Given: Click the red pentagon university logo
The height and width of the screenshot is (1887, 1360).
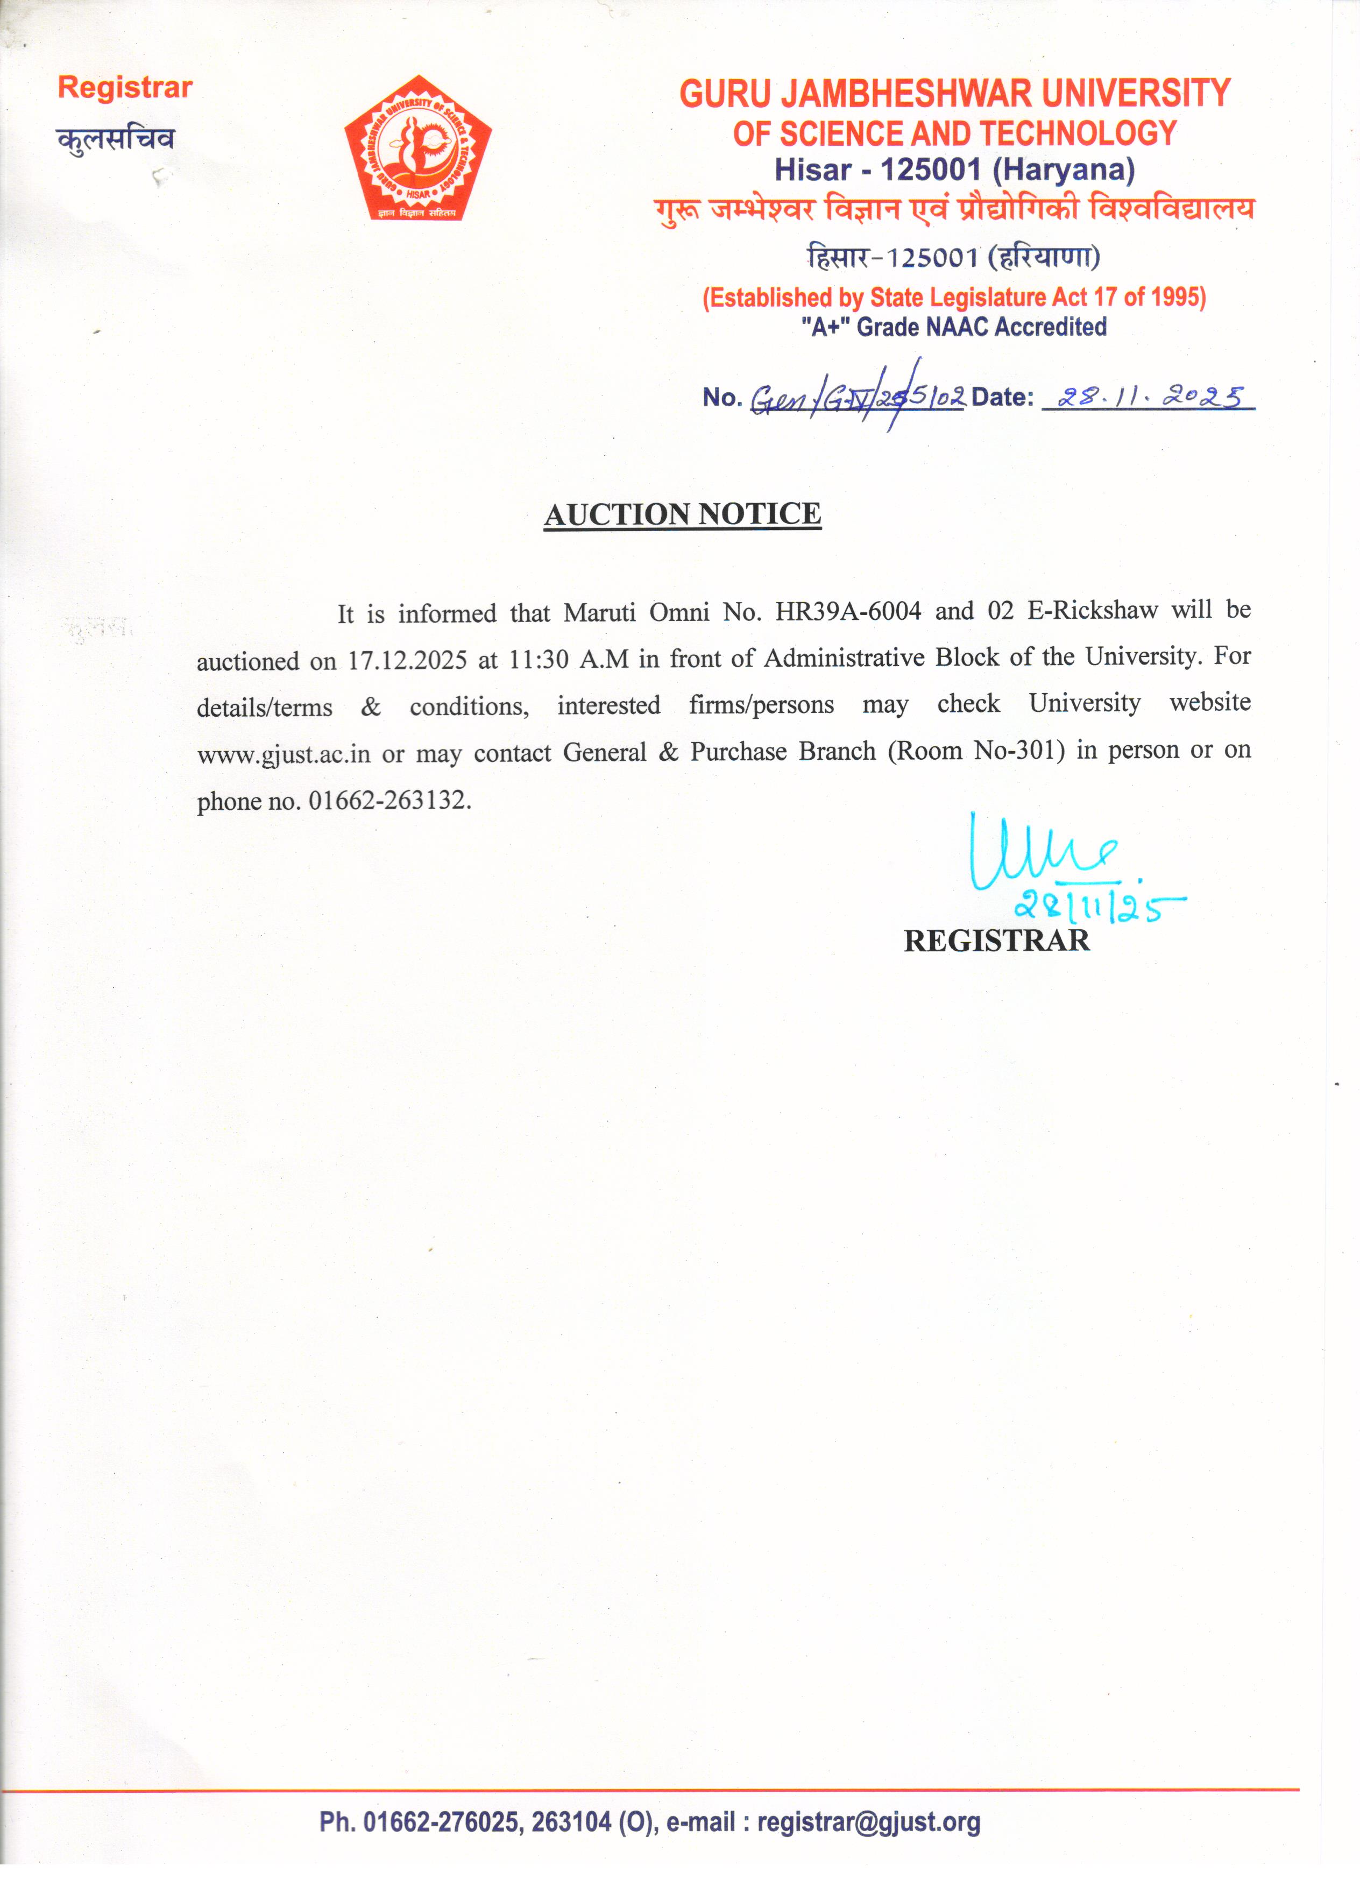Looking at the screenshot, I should pyautogui.click(x=419, y=150).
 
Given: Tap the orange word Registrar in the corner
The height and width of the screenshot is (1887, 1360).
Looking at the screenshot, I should pyautogui.click(x=125, y=87).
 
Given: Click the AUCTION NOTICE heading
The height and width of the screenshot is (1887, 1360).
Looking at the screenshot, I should pyautogui.click(x=682, y=514).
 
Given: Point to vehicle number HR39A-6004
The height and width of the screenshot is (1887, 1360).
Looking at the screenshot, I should pyautogui.click(x=848, y=612).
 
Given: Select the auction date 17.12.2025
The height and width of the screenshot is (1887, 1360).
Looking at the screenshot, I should pyautogui.click(x=407, y=661).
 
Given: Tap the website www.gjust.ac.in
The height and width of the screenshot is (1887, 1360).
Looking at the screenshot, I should pyautogui.click(x=283, y=754).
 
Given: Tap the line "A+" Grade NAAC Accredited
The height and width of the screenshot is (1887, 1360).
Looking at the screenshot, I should pyautogui.click(x=953, y=327).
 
